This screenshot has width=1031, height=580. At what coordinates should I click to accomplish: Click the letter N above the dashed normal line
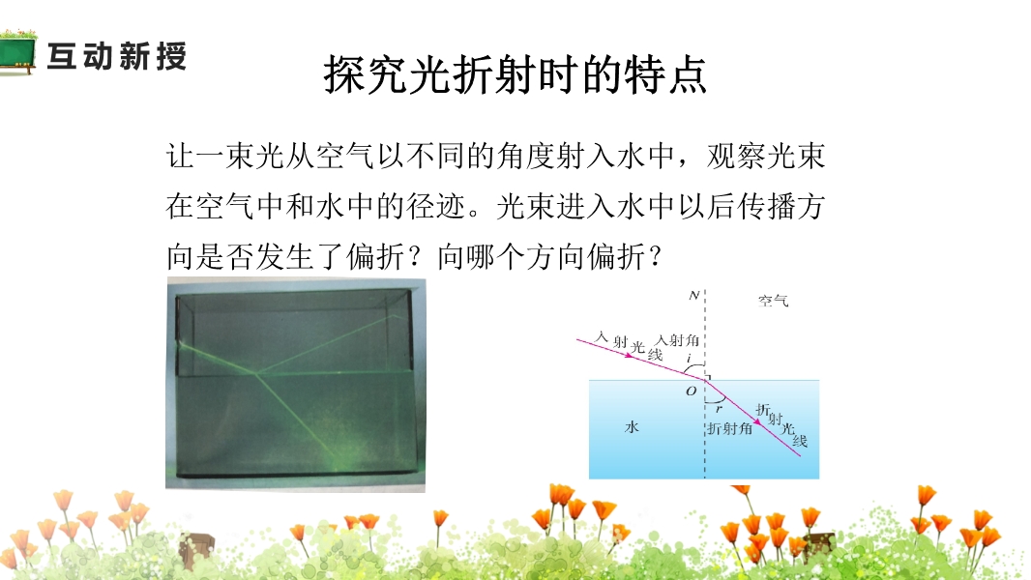[693, 296]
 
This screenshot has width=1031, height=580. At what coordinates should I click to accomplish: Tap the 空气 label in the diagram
[774, 301]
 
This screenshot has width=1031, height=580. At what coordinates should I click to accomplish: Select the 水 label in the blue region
[632, 427]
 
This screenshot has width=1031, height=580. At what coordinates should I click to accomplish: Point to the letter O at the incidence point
[692, 391]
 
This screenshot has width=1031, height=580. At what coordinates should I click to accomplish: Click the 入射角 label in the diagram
[677, 340]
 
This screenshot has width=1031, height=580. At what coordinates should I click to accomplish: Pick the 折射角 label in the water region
[730, 429]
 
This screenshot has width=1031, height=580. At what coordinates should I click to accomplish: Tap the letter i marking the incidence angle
[689, 359]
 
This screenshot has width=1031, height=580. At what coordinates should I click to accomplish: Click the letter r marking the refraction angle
[719, 409]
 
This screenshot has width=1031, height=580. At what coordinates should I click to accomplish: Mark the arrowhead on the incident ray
[630, 356]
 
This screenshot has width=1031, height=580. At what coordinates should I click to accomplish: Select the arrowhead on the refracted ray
[758, 421]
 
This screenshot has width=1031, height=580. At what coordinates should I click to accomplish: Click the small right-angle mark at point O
[708, 377]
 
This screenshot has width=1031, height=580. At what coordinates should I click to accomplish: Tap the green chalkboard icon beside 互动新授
[17, 52]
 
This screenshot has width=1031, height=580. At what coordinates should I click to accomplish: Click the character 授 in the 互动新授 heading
[171, 56]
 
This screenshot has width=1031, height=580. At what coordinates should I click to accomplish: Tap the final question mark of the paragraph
[655, 256]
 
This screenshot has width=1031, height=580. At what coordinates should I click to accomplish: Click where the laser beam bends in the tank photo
[255, 374]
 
